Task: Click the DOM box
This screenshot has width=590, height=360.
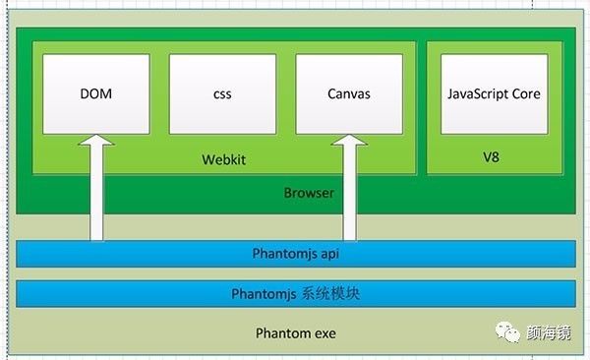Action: point(96,94)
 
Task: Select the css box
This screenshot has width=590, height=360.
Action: point(223,94)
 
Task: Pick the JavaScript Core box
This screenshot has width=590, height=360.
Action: point(494,94)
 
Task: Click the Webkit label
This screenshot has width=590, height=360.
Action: point(223,158)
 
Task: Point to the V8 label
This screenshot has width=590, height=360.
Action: point(492,156)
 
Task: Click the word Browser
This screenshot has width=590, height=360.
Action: point(309,193)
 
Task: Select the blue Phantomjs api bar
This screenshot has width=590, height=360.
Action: point(295,254)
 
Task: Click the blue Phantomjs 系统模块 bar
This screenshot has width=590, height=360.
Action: point(295,293)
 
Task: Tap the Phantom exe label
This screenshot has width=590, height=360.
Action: point(295,333)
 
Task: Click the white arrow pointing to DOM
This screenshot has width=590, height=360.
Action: point(96,197)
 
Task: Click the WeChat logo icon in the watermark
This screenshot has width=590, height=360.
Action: point(511,332)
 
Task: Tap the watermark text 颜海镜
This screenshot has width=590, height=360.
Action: point(554,332)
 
